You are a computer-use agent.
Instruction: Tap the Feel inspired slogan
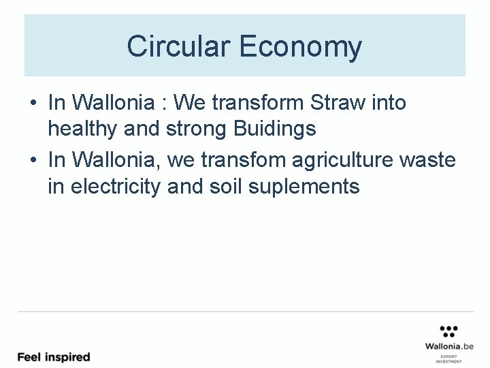point(54,356)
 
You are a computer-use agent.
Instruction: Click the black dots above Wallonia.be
point(448,331)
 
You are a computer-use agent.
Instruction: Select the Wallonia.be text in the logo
point(448,346)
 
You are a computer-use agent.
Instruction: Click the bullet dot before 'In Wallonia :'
point(33,104)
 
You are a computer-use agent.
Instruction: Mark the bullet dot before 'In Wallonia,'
point(33,161)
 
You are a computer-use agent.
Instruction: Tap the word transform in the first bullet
point(258,103)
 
